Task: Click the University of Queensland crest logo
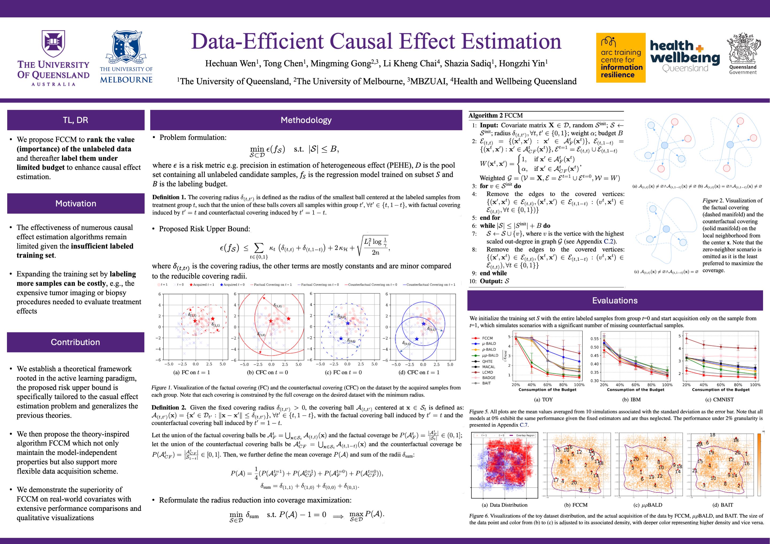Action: tap(53, 44)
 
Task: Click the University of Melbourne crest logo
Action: tap(126, 47)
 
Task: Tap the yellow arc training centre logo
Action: tap(621, 58)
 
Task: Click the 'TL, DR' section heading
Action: tap(75, 120)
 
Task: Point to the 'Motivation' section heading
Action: tap(75, 204)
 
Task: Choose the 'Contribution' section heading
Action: tap(75, 342)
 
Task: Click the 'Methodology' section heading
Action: tap(306, 120)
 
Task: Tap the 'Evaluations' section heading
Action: tap(615, 301)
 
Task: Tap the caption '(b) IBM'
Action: tap(631, 400)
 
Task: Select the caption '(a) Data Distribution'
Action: tap(504, 505)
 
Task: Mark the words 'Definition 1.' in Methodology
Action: tap(169, 197)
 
